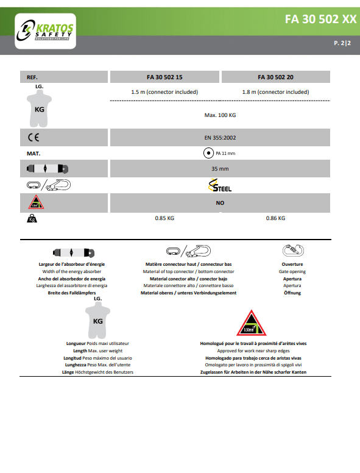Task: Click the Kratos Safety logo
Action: [x=45, y=30]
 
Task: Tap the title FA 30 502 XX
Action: [x=321, y=20]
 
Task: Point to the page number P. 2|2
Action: [x=342, y=43]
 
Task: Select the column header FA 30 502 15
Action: [x=164, y=77]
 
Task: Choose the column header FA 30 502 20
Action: [x=275, y=77]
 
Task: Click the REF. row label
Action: [x=32, y=77]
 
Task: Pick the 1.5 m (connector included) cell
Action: [x=164, y=92]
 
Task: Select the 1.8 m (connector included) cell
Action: [x=275, y=92]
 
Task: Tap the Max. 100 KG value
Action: [x=220, y=115]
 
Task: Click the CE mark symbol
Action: [x=34, y=138]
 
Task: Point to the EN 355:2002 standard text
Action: [x=220, y=138]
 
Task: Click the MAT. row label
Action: [x=34, y=154]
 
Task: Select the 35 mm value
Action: [x=220, y=169]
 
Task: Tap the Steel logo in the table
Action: [x=220, y=185]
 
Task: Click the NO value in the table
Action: [x=220, y=203]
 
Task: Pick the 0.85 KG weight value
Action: [x=164, y=218]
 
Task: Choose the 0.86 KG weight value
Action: [x=275, y=218]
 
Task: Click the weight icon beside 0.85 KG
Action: [x=32, y=218]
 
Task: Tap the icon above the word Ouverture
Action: [x=293, y=251]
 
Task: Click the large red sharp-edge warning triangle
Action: [x=252, y=324]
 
